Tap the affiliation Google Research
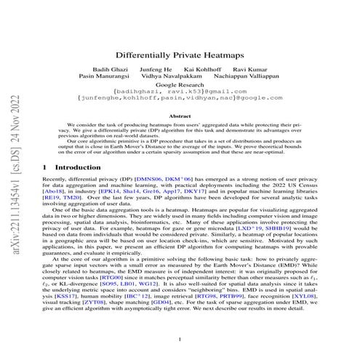(180, 92)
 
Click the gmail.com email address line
(180, 100)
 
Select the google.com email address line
(180, 107)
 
